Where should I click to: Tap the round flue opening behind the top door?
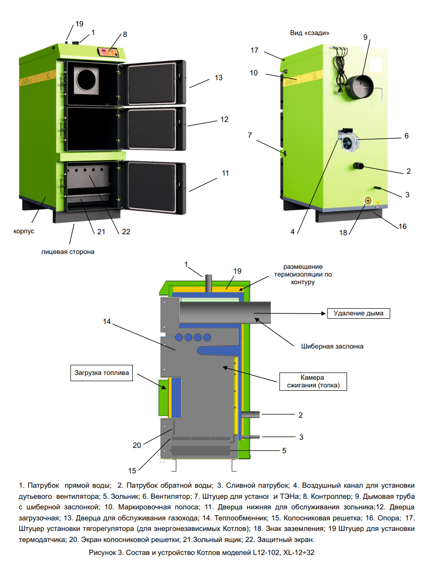click(87, 79)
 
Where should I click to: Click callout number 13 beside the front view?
click(219, 77)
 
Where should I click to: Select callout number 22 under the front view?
click(126, 231)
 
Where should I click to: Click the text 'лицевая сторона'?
click(68, 252)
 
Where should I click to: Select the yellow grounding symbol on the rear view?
click(368, 201)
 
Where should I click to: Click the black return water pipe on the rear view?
click(359, 166)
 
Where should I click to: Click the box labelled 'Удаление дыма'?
click(359, 314)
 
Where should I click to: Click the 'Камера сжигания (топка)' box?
click(313, 381)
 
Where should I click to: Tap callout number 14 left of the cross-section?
click(106, 322)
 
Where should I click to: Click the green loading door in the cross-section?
click(163, 396)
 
